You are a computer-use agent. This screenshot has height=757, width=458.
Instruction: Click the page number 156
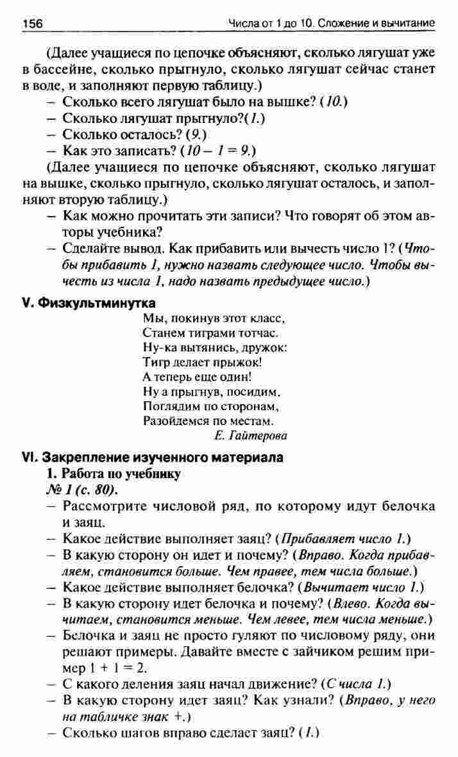(x=32, y=24)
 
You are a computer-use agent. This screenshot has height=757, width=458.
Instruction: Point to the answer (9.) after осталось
(x=195, y=135)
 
